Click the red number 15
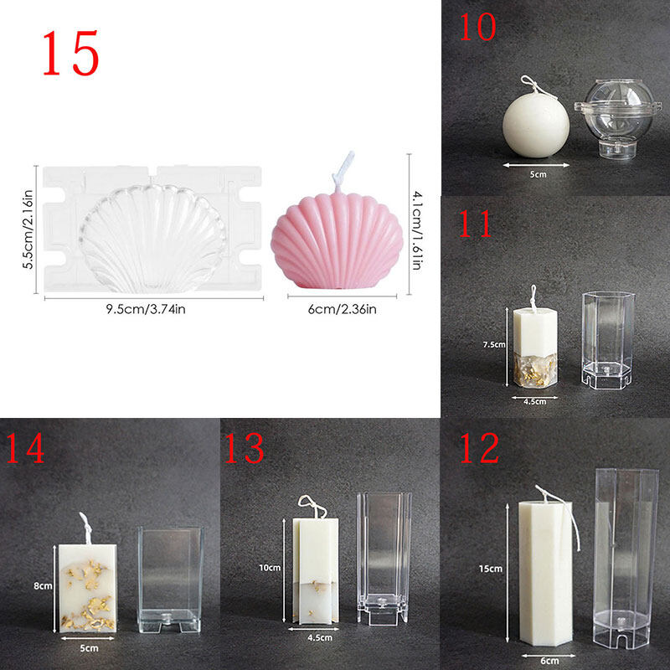71,54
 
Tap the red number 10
477,27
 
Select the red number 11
475,224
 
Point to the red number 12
479,448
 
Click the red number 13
244,448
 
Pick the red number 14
25,448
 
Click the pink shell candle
337,240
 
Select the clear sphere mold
618,117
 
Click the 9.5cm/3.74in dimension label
146,309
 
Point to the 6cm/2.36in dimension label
343,309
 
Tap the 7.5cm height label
494,344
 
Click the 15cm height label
491,569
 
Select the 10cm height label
270,568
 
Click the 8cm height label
43,585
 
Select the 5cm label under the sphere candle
538,174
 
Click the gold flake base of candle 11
535,370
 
